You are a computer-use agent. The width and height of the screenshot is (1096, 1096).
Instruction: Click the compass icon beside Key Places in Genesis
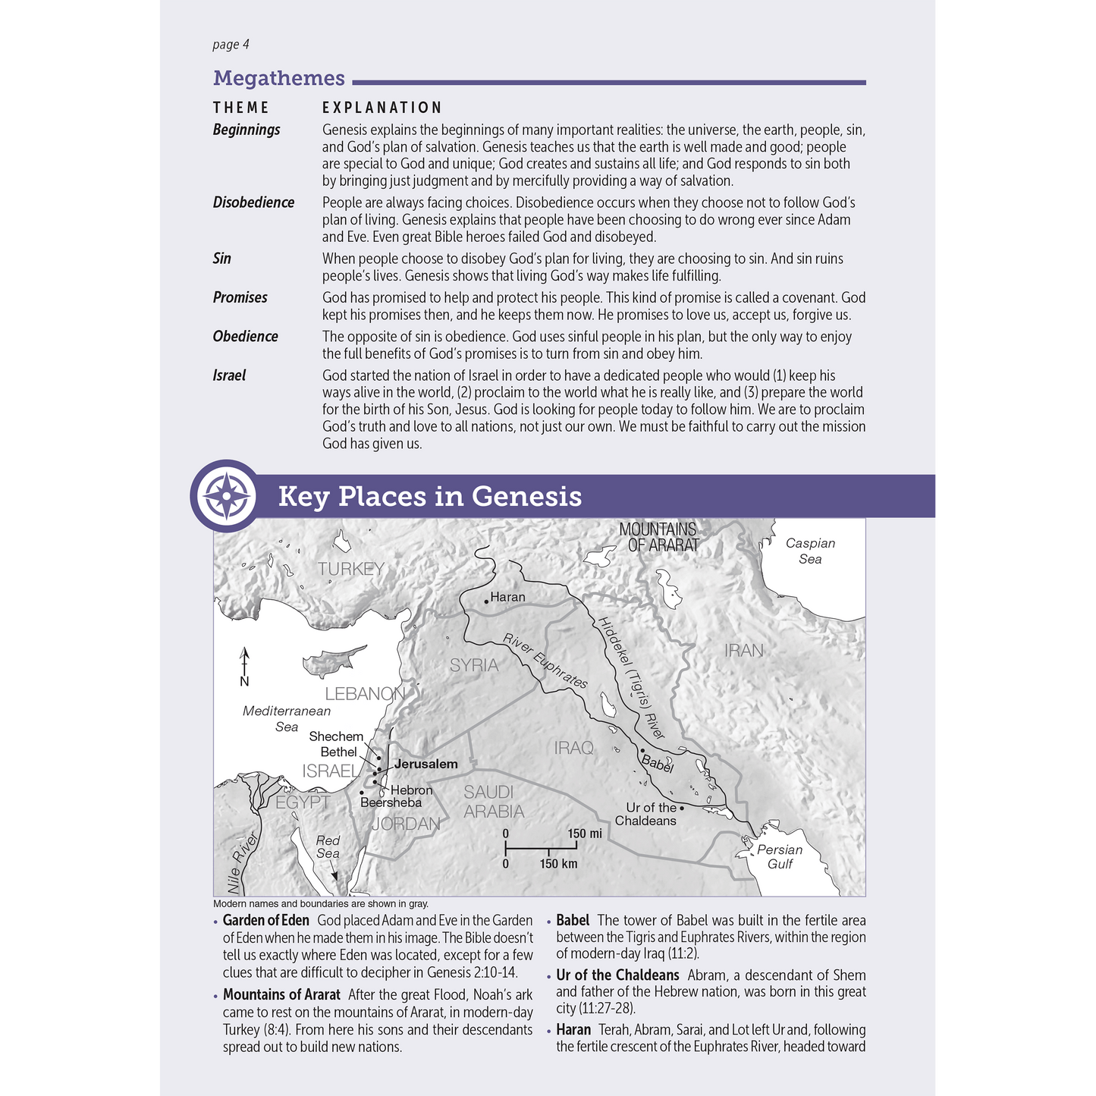(226, 496)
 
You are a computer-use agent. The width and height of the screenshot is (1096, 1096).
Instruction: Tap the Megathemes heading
(278, 78)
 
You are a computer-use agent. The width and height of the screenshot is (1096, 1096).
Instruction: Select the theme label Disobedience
(253, 203)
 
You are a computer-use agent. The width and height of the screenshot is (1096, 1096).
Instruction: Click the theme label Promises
(240, 297)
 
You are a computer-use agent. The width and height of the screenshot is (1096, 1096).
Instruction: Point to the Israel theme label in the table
(229, 375)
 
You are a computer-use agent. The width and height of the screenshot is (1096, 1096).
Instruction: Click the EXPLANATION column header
(382, 108)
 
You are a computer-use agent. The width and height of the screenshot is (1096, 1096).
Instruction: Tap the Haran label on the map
(507, 597)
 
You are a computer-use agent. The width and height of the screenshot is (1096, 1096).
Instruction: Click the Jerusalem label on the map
(426, 764)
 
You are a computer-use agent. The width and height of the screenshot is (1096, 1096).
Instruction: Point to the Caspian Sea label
(810, 551)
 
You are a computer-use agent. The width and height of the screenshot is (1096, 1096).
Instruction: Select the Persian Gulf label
(780, 857)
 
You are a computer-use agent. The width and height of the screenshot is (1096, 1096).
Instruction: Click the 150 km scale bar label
(558, 864)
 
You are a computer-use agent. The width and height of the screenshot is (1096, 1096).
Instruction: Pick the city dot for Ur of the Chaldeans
(682, 808)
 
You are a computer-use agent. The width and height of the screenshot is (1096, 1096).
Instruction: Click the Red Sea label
(328, 846)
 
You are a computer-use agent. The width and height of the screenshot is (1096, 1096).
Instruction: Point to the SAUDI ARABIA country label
(493, 802)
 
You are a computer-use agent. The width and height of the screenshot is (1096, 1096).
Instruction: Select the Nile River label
(243, 861)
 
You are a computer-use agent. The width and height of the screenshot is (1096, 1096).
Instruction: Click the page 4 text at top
(231, 45)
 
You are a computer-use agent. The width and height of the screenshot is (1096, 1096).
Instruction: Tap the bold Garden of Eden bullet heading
(265, 920)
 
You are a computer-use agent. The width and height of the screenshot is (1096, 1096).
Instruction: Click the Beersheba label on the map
(391, 802)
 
